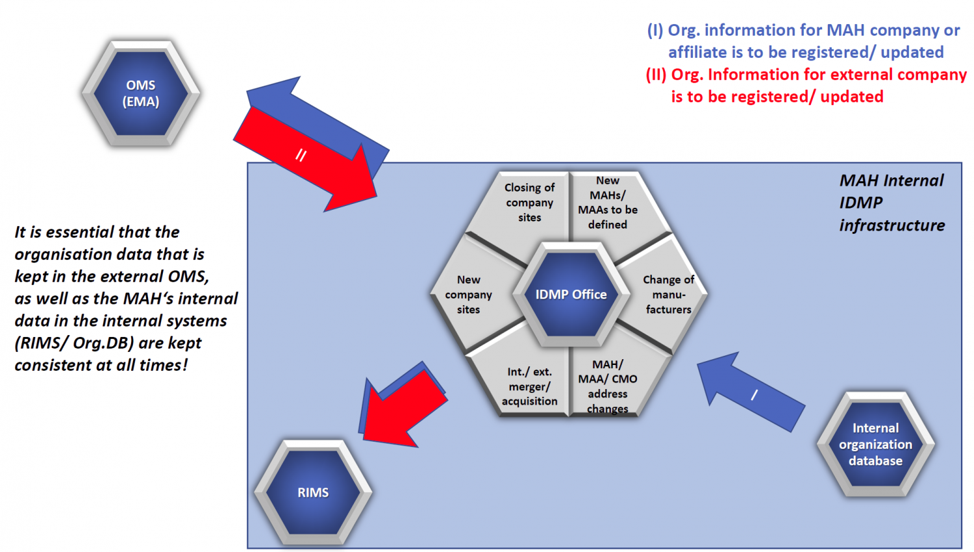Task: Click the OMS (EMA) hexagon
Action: tap(141, 94)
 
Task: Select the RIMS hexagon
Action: tap(313, 492)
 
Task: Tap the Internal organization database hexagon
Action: tap(875, 444)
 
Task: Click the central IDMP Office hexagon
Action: tap(571, 294)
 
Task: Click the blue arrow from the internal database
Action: tap(753, 394)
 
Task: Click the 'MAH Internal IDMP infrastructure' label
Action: tap(892, 203)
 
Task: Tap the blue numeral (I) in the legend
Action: tap(655, 31)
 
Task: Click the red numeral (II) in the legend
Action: tap(656, 75)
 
